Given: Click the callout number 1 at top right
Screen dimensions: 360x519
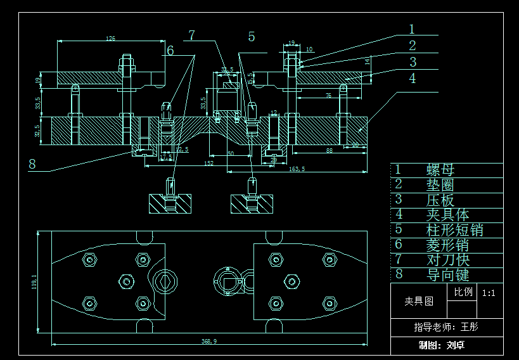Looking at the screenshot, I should [411, 29].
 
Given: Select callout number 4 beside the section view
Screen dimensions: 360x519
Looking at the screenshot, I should [413, 78].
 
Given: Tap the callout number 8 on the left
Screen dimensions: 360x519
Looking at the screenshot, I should [32, 164].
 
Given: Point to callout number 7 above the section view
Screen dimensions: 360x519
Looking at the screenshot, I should [191, 35].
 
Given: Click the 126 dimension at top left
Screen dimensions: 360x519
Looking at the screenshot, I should [111, 39].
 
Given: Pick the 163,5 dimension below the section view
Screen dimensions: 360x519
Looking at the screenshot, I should [297, 169].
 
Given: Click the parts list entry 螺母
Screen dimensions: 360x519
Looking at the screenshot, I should [440, 170].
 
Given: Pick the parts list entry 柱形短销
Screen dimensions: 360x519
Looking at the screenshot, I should [455, 229].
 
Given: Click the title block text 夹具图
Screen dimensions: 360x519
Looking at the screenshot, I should [419, 301].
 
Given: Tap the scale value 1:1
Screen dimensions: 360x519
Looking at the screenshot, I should [489, 293].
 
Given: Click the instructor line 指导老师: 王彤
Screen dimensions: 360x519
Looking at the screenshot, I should [446, 327].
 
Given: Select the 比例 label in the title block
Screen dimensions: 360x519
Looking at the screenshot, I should [463, 292].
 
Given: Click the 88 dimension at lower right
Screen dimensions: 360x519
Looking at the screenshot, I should [329, 150].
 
